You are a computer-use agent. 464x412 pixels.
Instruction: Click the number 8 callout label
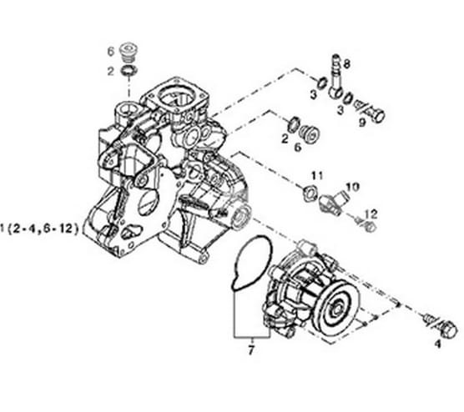(347, 63)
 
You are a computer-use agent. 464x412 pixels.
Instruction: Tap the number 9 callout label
(363, 122)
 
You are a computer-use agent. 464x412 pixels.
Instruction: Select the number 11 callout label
(316, 175)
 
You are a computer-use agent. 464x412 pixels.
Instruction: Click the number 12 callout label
(371, 214)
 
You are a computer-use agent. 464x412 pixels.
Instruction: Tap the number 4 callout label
(436, 344)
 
